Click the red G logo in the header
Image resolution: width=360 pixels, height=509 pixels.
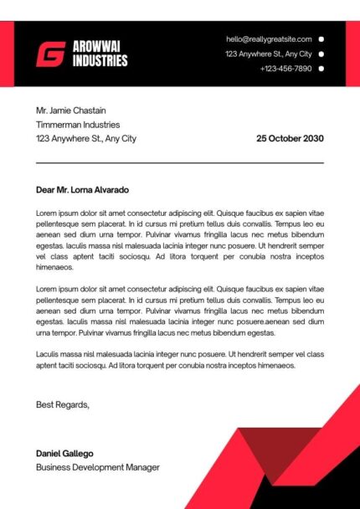pyautogui.click(x=51, y=54)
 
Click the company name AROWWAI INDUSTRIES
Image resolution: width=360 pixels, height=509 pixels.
pyautogui.click(x=100, y=54)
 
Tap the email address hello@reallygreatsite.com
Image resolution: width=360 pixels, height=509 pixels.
pyautogui.click(x=268, y=39)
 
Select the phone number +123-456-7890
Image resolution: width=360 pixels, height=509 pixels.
pyautogui.click(x=285, y=69)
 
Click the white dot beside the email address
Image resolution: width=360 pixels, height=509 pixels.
pyautogui.click(x=321, y=39)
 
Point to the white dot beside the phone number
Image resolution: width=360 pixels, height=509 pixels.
pyautogui.click(x=321, y=69)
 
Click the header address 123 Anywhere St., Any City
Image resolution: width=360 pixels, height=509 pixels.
pyautogui.click(x=268, y=54)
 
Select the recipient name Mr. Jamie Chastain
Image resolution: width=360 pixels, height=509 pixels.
pyautogui.click(x=71, y=111)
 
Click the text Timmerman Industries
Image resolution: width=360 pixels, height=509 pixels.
pyautogui.click(x=78, y=125)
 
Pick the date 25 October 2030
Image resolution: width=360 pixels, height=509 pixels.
pyautogui.click(x=290, y=139)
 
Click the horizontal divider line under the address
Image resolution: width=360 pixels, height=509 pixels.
pyautogui.click(x=179, y=162)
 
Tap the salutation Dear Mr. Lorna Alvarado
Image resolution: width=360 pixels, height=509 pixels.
pyautogui.click(x=82, y=190)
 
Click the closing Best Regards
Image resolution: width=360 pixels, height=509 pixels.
pyautogui.click(x=62, y=404)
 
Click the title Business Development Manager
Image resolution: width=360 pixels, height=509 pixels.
pyautogui.click(x=97, y=467)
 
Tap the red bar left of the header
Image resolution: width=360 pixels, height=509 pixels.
pyautogui.click(x=7, y=54)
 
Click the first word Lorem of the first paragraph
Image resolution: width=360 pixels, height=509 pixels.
pyautogui.click(x=46, y=213)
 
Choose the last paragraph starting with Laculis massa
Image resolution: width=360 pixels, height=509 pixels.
pyautogui.click(x=179, y=360)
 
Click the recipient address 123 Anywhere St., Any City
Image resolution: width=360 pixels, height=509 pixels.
pyautogui.click(x=85, y=139)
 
